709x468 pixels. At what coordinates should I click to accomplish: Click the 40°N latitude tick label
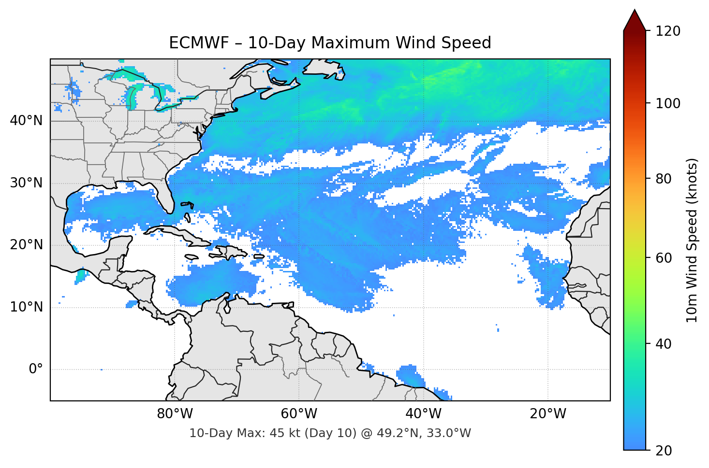(26, 121)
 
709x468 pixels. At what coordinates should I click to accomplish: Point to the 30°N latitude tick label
(26, 183)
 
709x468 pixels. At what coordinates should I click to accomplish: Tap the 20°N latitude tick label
(26, 245)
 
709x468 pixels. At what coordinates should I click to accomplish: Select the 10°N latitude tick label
(26, 307)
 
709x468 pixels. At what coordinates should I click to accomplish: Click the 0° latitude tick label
(35, 369)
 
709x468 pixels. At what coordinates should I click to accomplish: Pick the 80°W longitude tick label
(175, 414)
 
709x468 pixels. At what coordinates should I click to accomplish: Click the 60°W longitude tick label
(299, 414)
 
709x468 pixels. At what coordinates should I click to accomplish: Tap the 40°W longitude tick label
(423, 414)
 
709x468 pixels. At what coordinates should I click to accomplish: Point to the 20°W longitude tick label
(547, 414)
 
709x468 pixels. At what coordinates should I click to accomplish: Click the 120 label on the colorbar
(668, 31)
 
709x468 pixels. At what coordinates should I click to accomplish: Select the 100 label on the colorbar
(668, 103)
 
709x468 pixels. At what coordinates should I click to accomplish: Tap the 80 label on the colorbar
(665, 179)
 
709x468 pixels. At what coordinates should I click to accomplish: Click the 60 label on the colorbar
(665, 258)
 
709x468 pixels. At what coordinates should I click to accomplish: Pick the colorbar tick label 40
(665, 344)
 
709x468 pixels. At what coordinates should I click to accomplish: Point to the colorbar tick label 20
(665, 451)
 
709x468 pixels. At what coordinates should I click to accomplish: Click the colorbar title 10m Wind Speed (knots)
(692, 240)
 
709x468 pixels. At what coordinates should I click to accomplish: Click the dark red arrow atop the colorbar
(635, 20)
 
